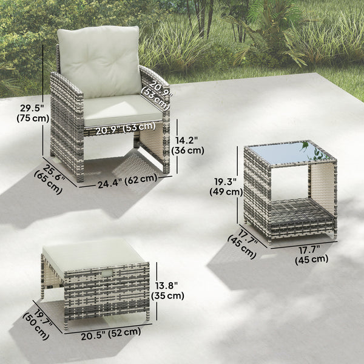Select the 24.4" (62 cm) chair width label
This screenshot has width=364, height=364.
(127, 180)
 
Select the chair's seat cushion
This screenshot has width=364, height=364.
(121, 109)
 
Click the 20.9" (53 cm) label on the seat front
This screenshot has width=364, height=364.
(124, 127)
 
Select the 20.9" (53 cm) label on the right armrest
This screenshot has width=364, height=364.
(157, 91)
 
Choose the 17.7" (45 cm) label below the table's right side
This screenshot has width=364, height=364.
(312, 253)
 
